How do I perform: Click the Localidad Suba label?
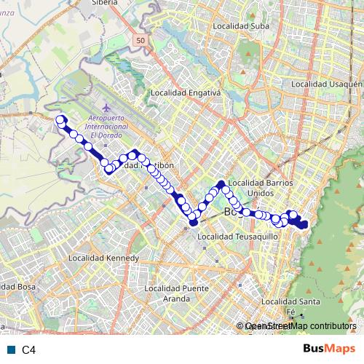pos(240,26)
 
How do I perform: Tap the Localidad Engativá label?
pos(185,93)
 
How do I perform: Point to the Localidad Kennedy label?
pos(103,258)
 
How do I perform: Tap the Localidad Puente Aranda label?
pos(177,293)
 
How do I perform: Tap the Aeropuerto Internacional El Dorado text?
pos(107,127)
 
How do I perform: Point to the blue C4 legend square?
pos(11,350)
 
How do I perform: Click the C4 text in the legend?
pos(28,350)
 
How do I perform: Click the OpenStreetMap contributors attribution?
pos(300,326)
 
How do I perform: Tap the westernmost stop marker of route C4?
pos(60,120)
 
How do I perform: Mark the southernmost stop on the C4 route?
pos(194,223)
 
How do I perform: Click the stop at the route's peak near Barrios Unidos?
pos(221,183)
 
